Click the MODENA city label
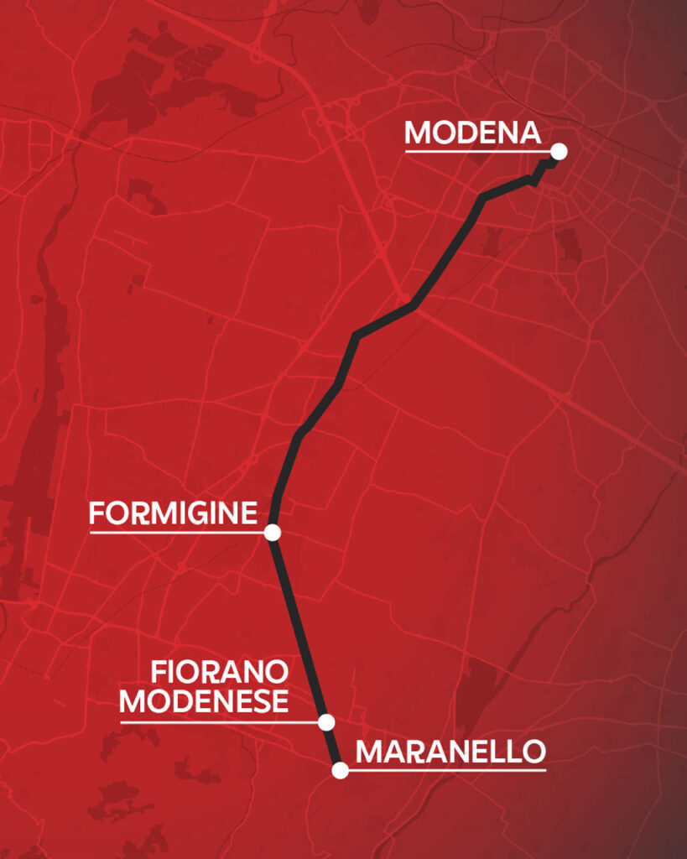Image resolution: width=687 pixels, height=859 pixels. [x=472, y=133]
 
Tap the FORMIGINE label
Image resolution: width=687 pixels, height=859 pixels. [x=172, y=513]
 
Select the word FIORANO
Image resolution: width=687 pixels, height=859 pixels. [x=220, y=672]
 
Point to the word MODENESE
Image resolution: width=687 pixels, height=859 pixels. [x=205, y=700]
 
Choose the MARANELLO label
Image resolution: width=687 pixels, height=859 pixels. [x=450, y=752]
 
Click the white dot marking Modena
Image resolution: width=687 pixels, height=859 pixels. [x=559, y=152]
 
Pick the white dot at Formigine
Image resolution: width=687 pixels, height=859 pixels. [x=272, y=532]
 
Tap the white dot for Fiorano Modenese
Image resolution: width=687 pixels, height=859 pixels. [x=327, y=721]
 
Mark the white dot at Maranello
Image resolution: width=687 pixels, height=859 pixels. [x=340, y=770]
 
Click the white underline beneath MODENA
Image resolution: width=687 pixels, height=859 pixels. [x=478, y=152]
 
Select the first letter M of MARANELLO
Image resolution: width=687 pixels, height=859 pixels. [x=369, y=752]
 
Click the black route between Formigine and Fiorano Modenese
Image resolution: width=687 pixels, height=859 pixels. [x=298, y=625]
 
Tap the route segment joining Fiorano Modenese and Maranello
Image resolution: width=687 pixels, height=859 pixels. [x=334, y=747]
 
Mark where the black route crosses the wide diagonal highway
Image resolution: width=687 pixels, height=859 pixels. [x=409, y=304]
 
